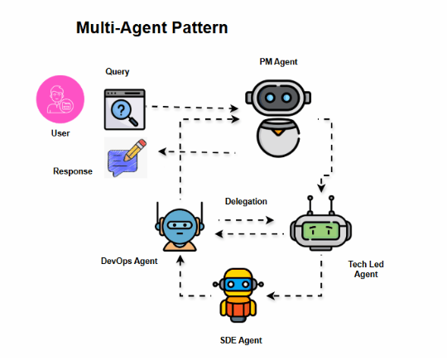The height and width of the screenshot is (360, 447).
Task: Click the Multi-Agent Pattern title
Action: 151,28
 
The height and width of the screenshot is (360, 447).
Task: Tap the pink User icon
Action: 60,100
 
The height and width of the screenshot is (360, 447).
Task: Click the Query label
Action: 118,72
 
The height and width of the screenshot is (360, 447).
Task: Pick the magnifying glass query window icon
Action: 124,108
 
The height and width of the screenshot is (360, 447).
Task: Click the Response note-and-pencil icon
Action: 127,157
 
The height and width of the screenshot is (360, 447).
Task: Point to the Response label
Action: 73,171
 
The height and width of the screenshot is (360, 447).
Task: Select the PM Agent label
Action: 278,62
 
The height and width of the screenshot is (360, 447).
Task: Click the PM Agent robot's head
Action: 278,98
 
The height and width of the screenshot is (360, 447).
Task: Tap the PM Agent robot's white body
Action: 278,137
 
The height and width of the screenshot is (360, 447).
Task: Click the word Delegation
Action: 246,201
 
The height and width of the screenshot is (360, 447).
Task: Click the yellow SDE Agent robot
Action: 238,294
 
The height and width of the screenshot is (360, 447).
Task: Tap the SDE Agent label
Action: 242,340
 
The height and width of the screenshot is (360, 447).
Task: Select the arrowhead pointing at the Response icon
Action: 164,151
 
